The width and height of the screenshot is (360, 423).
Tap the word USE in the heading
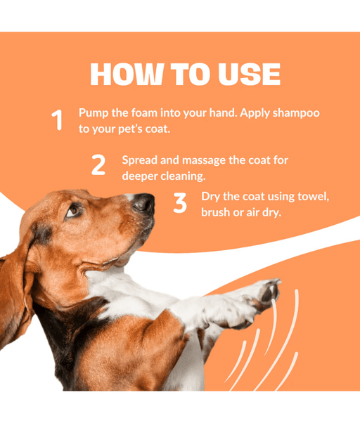tap(249, 74)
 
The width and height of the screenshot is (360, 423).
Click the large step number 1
tap(57, 120)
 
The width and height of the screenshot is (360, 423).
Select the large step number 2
tap(98, 164)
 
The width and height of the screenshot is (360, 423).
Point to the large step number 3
tap(180, 202)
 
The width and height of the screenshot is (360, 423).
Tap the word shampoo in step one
tap(296, 113)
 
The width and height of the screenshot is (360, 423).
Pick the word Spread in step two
tap(139, 160)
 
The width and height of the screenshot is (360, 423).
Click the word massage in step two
tap(204, 161)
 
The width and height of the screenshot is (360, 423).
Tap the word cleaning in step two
tap(183, 176)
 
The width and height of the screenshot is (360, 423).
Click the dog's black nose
tap(143, 202)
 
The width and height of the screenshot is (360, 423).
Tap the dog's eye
tap(72, 211)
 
